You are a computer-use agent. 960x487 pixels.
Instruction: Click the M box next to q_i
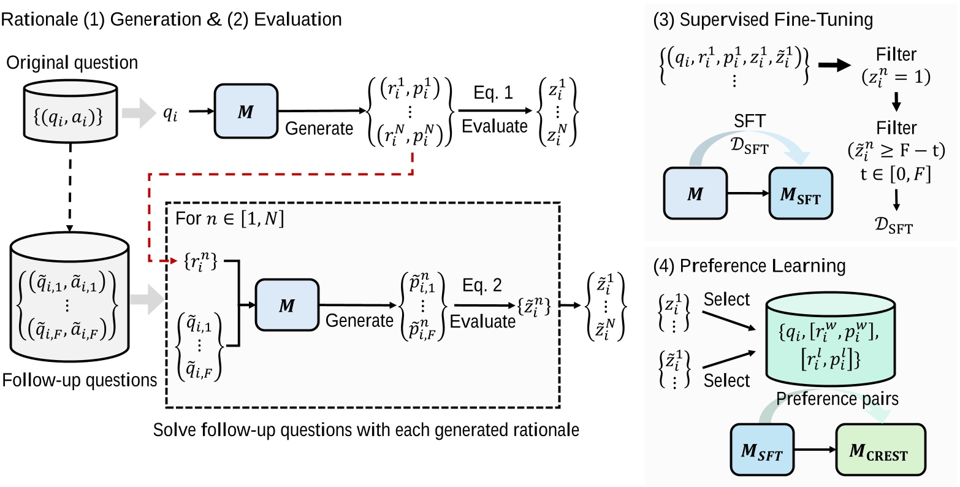[x=245, y=112]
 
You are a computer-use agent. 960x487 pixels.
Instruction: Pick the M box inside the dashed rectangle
[x=287, y=305]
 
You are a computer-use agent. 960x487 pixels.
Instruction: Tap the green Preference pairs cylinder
[x=839, y=347]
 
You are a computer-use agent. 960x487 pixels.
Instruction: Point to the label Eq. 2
[x=481, y=285]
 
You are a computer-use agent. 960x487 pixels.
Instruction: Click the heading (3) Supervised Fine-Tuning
[x=763, y=20]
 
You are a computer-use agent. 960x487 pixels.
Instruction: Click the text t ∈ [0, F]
[x=896, y=175]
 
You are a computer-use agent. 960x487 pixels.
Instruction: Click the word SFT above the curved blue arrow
[x=750, y=122]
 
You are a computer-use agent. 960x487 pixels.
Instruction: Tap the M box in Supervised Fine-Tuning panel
[x=695, y=195]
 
